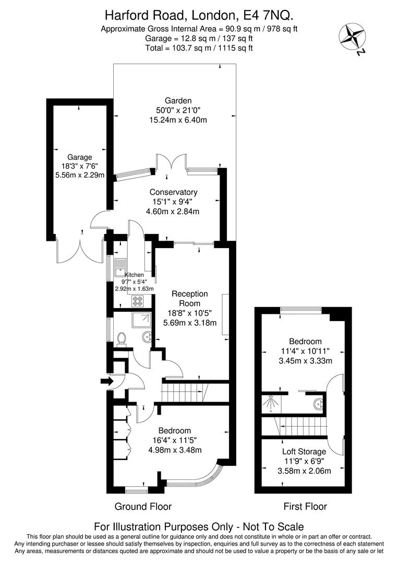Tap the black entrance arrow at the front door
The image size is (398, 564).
106,382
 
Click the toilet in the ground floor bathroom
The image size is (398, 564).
122,339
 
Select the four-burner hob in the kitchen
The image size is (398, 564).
138,300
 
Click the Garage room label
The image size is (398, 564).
79,157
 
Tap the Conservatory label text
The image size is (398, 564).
174,192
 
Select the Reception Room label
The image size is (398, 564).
189,298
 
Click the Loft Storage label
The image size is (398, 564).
304,451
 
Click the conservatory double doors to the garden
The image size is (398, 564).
172,162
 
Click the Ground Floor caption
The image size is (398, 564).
142,506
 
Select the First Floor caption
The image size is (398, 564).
305,506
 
